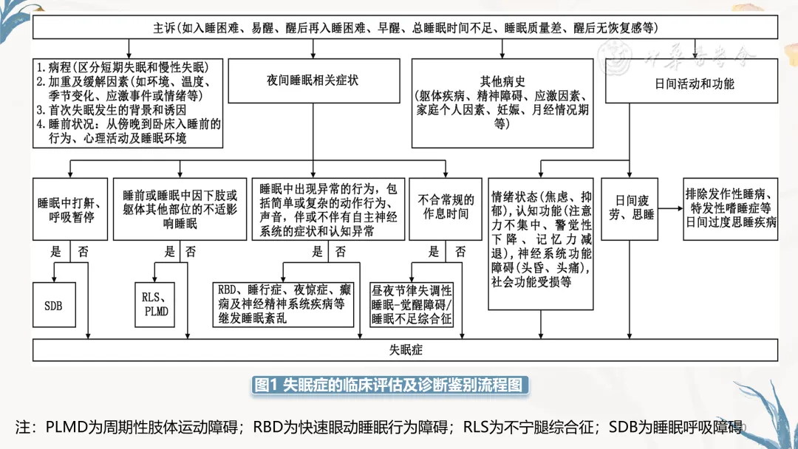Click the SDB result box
53,304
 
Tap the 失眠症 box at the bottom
406,350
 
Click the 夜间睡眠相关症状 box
313,80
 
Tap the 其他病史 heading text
502,80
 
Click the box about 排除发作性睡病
731,208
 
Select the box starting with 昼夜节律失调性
412,304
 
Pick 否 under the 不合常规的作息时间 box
460,251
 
